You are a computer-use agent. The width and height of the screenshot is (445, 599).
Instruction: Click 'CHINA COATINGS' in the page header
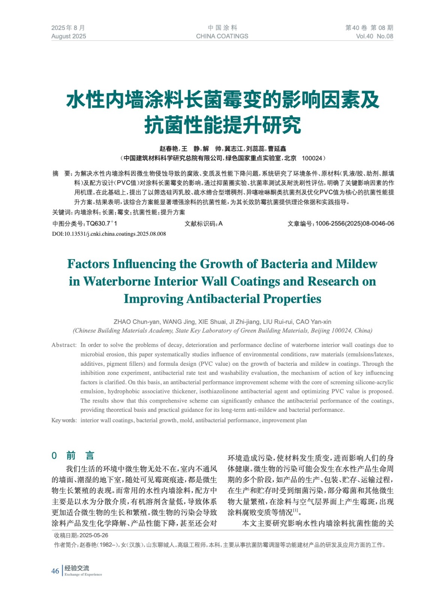pyautogui.click(x=222, y=36)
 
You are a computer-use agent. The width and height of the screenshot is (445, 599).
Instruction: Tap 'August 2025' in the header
pyautogui.click(x=69, y=36)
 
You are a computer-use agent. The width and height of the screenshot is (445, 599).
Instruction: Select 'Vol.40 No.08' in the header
pyautogui.click(x=374, y=36)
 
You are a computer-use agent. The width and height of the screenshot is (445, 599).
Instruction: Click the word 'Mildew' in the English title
pyautogui.click(x=356, y=264)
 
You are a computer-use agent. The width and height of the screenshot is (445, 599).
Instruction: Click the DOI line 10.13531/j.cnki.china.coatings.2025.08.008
pyautogui.click(x=109, y=234)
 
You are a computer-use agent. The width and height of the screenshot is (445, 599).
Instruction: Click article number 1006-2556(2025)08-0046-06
pyautogui.click(x=355, y=224)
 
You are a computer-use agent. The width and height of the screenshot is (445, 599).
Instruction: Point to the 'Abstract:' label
pyautogui.click(x=64, y=345)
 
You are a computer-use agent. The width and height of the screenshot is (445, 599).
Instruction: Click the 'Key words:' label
pyautogui.click(x=64, y=420)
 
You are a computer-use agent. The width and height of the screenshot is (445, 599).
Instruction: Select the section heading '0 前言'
pyautogui.click(x=73, y=456)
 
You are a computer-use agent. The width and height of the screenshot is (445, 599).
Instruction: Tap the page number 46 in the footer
pyautogui.click(x=55, y=571)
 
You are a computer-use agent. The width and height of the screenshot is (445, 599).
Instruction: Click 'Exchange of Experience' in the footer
pyautogui.click(x=83, y=575)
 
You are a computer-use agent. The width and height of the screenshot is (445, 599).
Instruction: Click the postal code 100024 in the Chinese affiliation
pyautogui.click(x=312, y=158)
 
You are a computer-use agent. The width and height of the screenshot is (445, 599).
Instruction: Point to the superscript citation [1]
pyautogui.click(x=296, y=510)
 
